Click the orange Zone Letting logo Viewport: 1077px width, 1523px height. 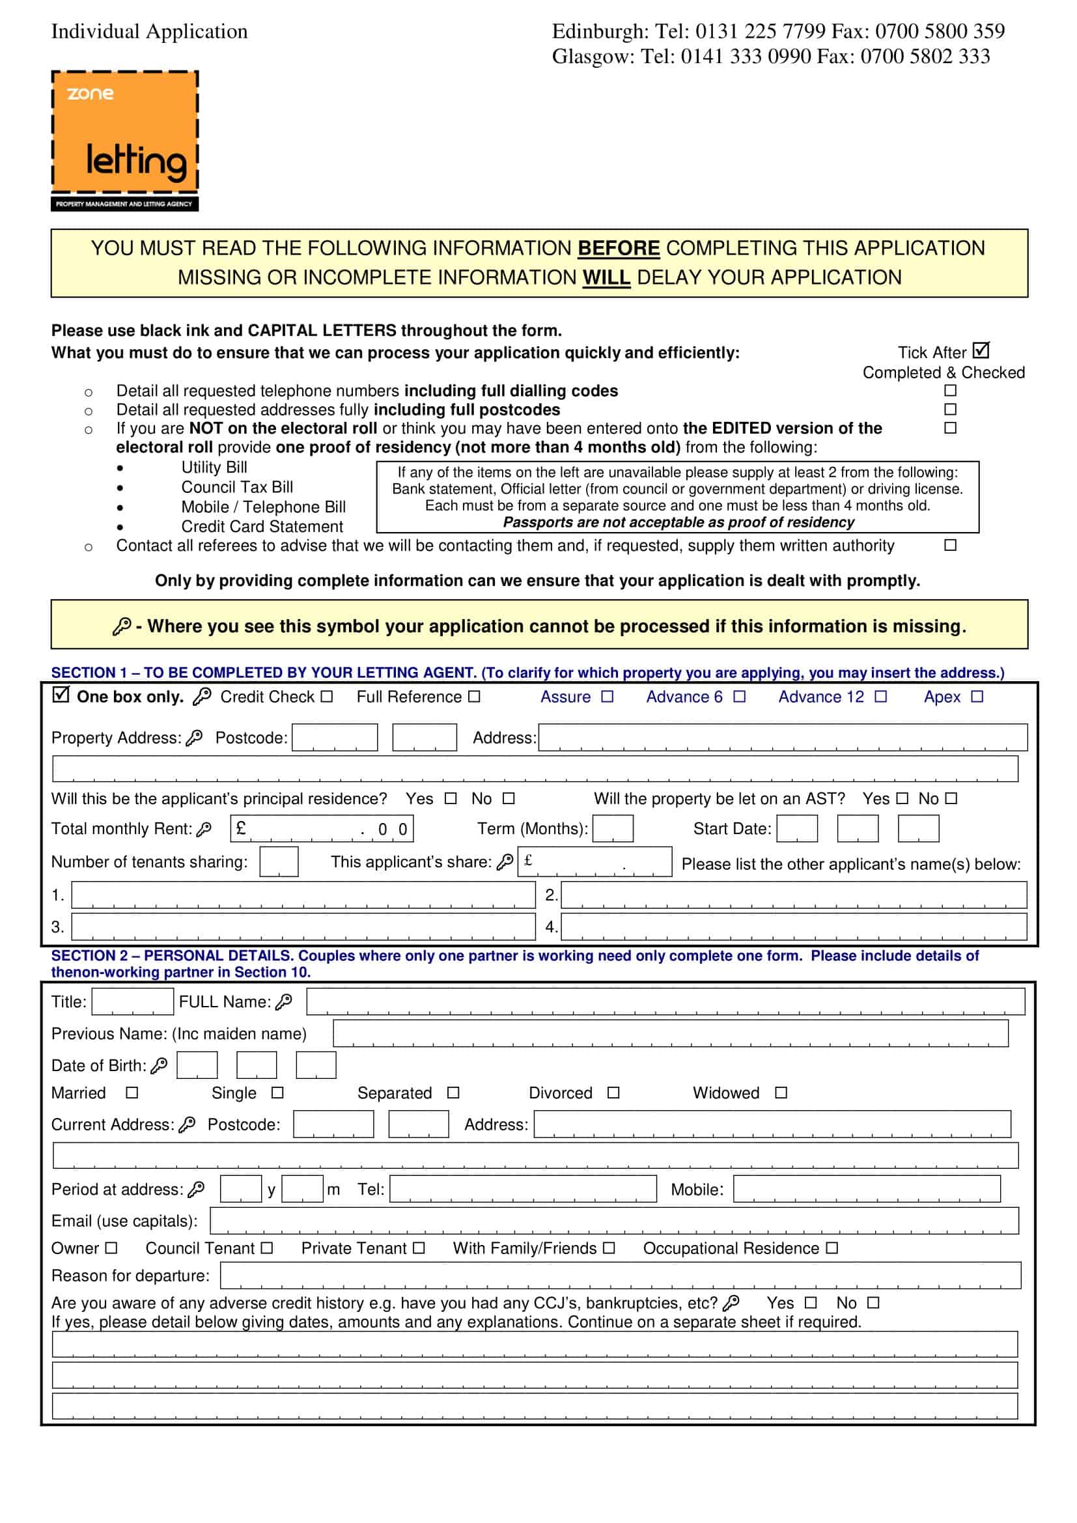coord(124,141)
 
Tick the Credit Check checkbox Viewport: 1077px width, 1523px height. coord(326,697)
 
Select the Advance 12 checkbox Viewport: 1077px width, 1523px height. coord(880,697)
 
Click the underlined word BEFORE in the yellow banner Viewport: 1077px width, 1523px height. coord(618,248)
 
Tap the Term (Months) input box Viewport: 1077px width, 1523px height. coord(612,828)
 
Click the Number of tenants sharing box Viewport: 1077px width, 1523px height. coord(279,861)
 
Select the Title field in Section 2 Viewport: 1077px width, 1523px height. coord(132,1001)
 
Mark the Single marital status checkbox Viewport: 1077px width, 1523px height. coord(278,1093)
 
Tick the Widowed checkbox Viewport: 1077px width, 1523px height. coord(781,1093)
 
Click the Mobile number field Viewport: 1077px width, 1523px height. coord(866,1190)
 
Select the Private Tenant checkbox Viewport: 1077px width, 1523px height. coord(419,1248)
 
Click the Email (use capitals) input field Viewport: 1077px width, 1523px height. coord(613,1221)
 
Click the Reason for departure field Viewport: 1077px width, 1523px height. coord(620,1276)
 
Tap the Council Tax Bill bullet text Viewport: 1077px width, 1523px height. coord(237,487)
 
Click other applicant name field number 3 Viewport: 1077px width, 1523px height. coord(303,927)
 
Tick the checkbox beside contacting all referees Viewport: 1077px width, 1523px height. coord(949,545)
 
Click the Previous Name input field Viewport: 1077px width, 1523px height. coord(670,1033)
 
